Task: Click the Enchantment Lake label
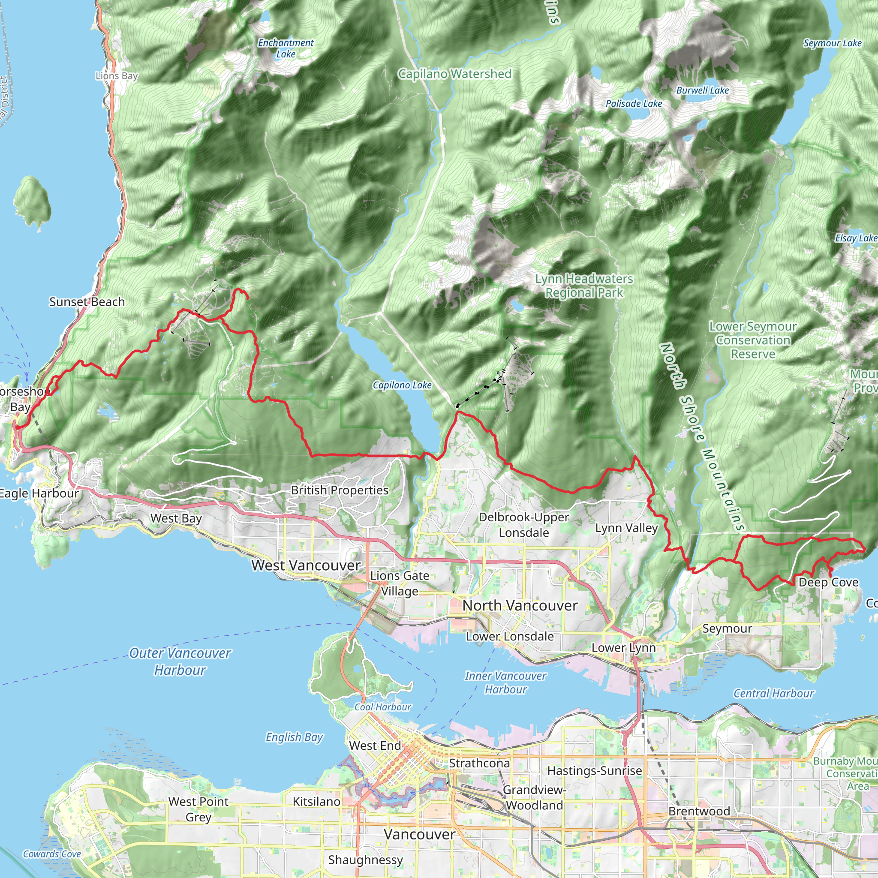pos(286,48)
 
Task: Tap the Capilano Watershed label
pos(454,74)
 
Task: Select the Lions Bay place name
pos(116,76)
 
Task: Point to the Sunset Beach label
pos(87,302)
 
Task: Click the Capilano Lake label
pos(402,385)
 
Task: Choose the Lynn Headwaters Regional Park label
pos(583,286)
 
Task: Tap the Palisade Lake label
pos(634,104)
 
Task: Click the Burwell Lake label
pos(702,90)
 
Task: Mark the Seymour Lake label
pos(832,43)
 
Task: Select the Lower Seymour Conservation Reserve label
pos(752,340)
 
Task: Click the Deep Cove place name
pos(828,582)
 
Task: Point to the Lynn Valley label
pos(626,528)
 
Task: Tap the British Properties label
pos(340,490)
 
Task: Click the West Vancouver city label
pos(306,565)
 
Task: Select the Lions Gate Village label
pos(400,583)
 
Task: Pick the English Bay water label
pos(294,737)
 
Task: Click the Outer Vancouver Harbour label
pos(180,661)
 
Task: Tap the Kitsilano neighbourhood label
pos(316,801)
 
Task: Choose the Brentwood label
pos(699,811)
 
